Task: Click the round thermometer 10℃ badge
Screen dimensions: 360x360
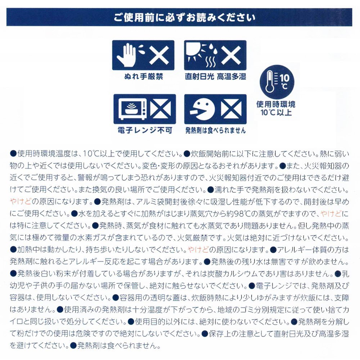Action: [276, 82]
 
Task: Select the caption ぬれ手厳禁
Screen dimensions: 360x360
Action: [144, 77]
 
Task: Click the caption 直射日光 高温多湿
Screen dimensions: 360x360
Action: [215, 77]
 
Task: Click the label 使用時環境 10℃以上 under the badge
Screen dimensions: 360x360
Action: [276, 108]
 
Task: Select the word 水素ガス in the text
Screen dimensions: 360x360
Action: [102, 238]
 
